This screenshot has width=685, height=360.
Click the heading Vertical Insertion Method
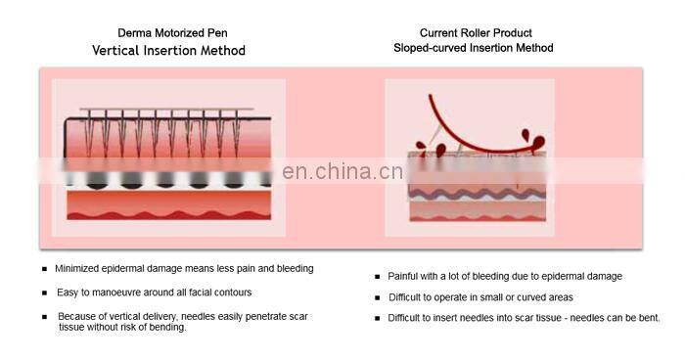(169, 50)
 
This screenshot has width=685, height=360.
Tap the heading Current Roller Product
(475, 32)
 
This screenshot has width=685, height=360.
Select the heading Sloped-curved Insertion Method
(474, 48)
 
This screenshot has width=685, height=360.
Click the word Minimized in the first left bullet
(78, 269)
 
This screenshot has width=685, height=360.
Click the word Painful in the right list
(405, 277)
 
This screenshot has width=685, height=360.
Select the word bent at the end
(649, 318)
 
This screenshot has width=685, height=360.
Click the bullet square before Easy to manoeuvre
(43, 292)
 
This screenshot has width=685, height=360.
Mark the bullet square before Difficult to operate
(377, 297)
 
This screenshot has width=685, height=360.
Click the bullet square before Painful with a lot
(377, 277)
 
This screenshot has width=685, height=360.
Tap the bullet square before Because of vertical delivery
(43, 317)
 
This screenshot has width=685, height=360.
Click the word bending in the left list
(166, 328)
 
